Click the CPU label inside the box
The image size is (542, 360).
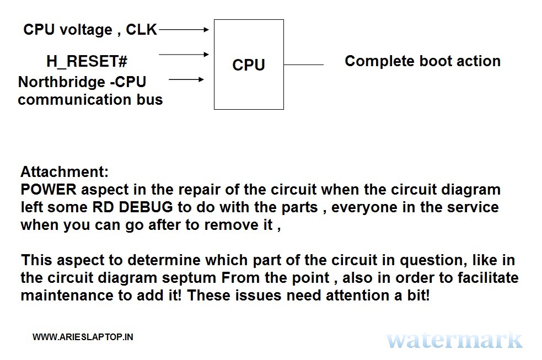tap(249, 65)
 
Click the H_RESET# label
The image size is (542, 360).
tap(87, 61)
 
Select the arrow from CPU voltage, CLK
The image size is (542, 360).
tap(184, 30)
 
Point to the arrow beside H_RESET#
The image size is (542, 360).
tap(184, 54)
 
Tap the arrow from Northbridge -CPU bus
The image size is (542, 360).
tap(186, 79)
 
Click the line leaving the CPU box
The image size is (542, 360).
tap(303, 65)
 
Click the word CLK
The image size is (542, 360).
tap(141, 30)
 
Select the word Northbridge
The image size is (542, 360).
tap(62, 82)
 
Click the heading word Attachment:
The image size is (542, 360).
tap(65, 171)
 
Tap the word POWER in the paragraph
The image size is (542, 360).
tap(49, 190)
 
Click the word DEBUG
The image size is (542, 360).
tap(146, 207)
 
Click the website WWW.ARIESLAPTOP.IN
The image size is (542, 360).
tap(83, 337)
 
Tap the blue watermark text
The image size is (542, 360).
tap(454, 340)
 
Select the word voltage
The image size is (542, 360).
tap(86, 30)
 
